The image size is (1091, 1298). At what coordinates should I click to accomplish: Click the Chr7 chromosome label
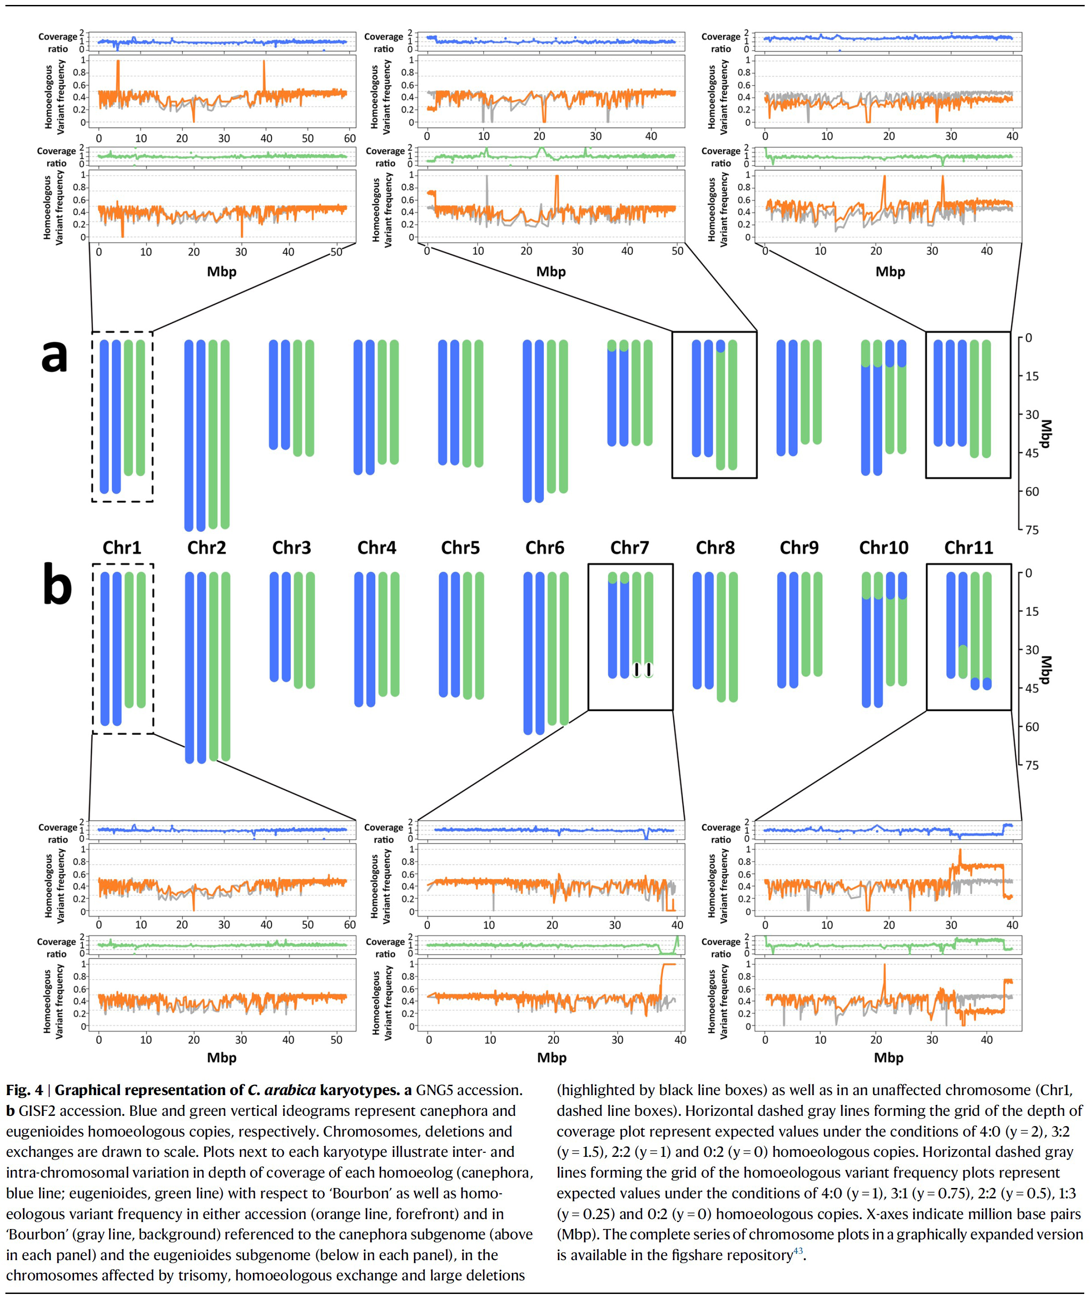coord(630,548)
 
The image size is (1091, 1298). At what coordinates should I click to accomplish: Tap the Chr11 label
coord(968,548)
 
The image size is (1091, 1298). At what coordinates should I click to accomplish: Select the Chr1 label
coord(122,548)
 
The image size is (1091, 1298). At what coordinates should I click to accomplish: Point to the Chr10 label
coord(884,548)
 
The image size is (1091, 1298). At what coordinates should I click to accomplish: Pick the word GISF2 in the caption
coord(39,1111)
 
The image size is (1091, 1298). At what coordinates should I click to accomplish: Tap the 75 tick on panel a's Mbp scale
coord(1031,530)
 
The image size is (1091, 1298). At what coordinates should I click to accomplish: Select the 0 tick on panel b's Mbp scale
coord(1028,573)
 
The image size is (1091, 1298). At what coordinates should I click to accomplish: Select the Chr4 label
coord(377,548)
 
